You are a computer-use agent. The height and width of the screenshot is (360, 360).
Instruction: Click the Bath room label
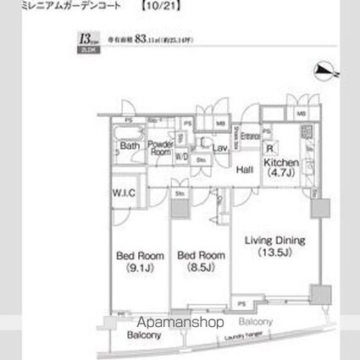pyautogui.click(x=130, y=145)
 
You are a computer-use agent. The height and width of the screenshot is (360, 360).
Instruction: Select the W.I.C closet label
pyautogui.click(x=123, y=192)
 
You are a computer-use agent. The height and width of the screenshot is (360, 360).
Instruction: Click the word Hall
pyautogui.click(x=245, y=169)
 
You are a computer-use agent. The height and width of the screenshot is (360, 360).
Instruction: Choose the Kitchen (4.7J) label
pyautogui.click(x=280, y=166)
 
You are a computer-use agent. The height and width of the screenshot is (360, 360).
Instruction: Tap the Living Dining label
pyautogui.click(x=274, y=240)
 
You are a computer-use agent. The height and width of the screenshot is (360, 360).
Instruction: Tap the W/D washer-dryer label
pyautogui.click(x=181, y=156)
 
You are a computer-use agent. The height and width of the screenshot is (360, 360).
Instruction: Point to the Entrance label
pyautogui.click(x=250, y=136)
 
